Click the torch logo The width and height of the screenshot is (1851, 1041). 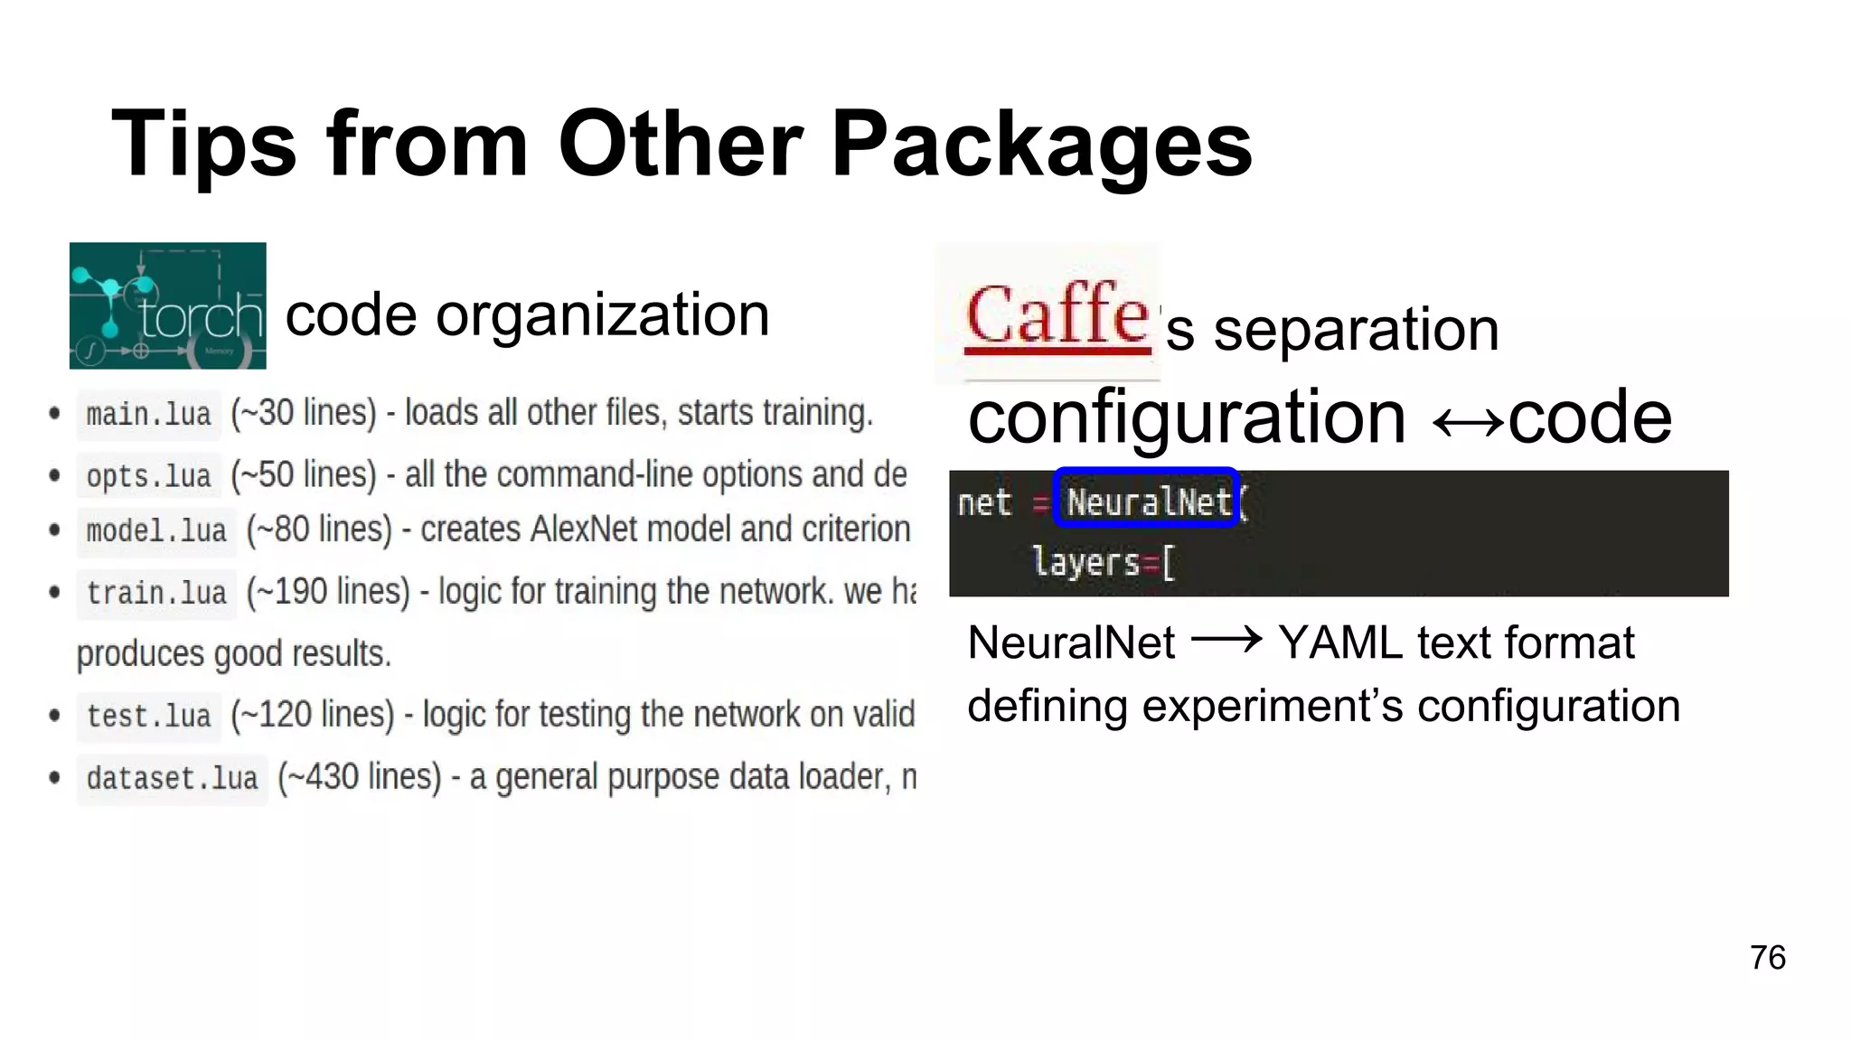pyautogui.click(x=167, y=305)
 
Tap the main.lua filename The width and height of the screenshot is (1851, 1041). pyautogui.click(x=148, y=415)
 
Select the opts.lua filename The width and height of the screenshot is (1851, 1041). pyautogui.click(x=148, y=476)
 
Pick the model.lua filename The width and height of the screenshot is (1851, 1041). pyautogui.click(x=156, y=531)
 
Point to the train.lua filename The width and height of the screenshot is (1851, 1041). pyautogui.click(x=156, y=594)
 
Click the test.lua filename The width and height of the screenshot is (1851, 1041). pyautogui.click(x=148, y=717)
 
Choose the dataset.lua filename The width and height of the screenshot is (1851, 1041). pyautogui.click(x=172, y=778)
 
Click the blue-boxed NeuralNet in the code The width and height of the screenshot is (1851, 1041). pyautogui.click(x=1147, y=500)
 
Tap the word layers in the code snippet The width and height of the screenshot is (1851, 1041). pyautogui.click(x=1085, y=562)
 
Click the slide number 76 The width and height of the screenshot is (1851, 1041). pyautogui.click(x=1767, y=958)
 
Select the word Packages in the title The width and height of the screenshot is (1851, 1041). pyautogui.click(x=1041, y=145)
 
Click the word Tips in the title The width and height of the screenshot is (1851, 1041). pyautogui.click(x=203, y=145)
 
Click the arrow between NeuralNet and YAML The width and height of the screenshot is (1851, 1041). pyautogui.click(x=1226, y=641)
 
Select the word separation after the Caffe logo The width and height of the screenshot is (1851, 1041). pyautogui.click(x=1356, y=330)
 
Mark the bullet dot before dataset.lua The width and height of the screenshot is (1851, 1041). pyautogui.click(x=55, y=777)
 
